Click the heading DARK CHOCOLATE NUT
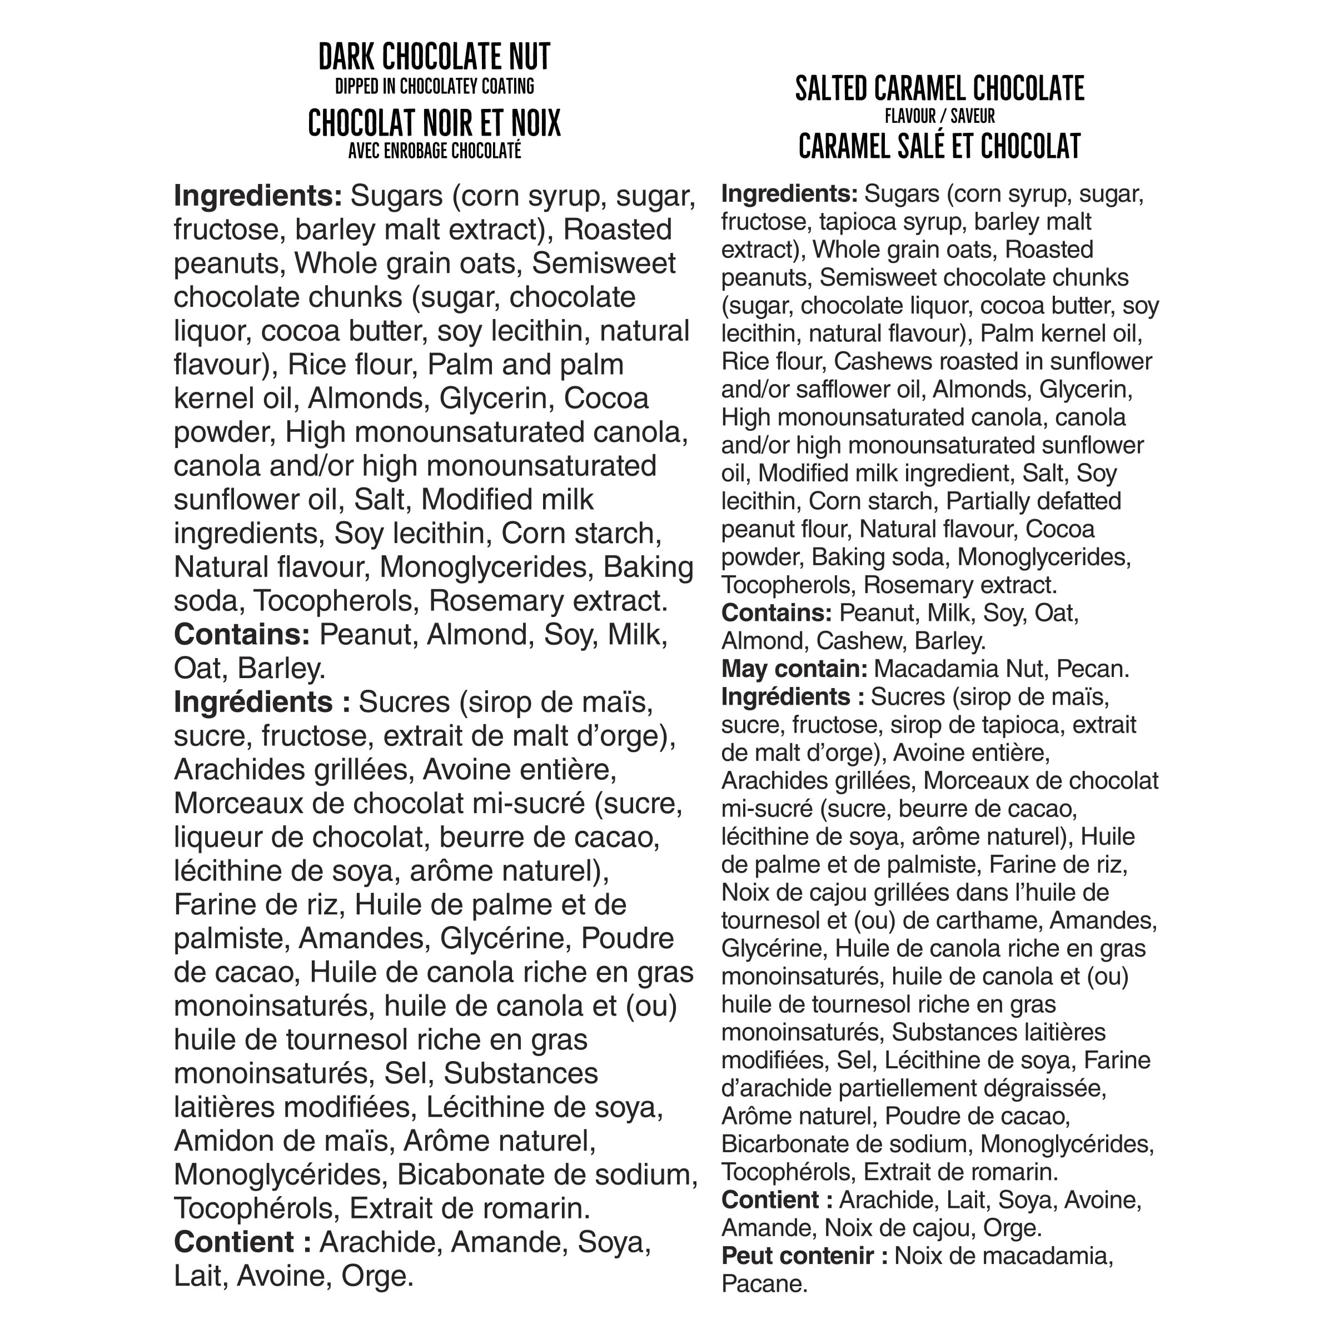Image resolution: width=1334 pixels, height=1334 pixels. point(434,57)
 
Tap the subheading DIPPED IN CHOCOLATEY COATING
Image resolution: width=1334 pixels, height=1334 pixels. point(434,86)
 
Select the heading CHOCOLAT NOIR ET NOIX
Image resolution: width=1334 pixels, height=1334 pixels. point(434,123)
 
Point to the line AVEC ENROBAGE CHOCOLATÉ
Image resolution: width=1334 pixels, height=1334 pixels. point(434,151)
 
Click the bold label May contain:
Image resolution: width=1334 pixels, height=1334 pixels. point(794,668)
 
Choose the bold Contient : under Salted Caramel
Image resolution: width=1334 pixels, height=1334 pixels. point(776,1199)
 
